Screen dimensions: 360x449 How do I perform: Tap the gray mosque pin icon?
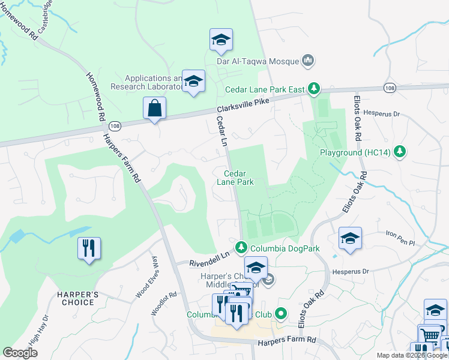[x=309, y=60]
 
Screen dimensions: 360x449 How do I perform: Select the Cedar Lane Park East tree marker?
[x=313, y=89]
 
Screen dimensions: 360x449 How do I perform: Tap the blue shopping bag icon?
[x=154, y=109]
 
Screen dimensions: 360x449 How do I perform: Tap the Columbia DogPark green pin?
[x=241, y=247]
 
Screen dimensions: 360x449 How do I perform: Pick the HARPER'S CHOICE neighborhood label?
[x=76, y=298]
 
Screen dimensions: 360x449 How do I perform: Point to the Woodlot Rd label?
[x=164, y=303]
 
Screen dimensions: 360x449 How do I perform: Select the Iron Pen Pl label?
[x=400, y=238]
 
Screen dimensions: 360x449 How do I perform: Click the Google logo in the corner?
[x=20, y=353]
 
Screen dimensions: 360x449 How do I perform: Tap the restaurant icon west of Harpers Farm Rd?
[x=89, y=249]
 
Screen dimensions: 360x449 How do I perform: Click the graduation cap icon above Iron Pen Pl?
[x=350, y=238]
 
